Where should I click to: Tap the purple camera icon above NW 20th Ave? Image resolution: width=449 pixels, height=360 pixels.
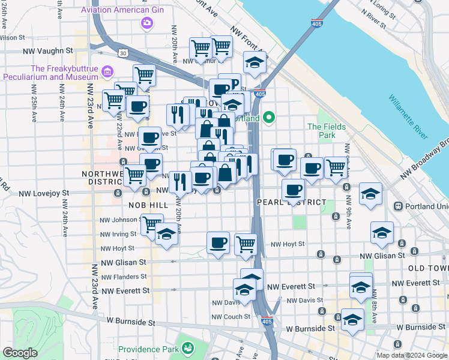(x=146, y=23)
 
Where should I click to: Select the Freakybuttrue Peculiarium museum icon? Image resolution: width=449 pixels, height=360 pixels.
(x=108, y=73)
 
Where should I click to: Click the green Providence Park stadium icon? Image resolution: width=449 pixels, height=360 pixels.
(x=188, y=348)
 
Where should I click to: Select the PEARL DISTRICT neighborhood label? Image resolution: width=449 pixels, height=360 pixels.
(x=292, y=202)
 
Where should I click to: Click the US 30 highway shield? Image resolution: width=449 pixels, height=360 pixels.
(x=122, y=53)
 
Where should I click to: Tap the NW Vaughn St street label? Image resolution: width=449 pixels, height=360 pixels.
(x=48, y=52)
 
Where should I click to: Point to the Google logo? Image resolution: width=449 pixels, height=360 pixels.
(x=20, y=353)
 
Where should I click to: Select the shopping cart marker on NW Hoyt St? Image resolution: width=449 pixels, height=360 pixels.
(x=246, y=244)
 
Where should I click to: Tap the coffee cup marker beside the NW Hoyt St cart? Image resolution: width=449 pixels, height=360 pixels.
(x=218, y=242)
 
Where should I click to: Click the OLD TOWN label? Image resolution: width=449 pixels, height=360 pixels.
(x=427, y=268)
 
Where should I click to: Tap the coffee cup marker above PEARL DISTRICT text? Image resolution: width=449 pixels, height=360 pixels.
(x=293, y=190)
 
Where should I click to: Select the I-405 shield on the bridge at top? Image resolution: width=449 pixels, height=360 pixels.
(x=316, y=23)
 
